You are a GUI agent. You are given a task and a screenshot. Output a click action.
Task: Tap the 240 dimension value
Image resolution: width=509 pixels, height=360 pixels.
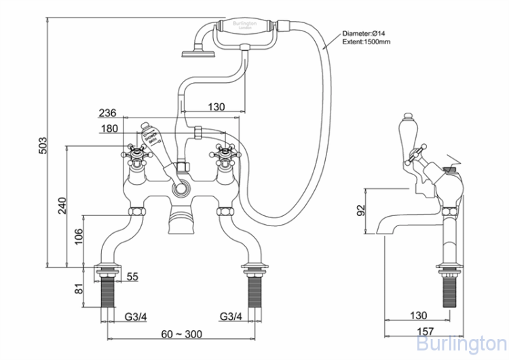[x=60, y=205]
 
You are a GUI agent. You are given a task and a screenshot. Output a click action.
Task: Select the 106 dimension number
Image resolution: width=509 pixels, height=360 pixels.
[x=78, y=236]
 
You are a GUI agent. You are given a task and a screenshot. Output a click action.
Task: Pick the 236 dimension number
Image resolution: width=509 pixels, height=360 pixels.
[x=108, y=113]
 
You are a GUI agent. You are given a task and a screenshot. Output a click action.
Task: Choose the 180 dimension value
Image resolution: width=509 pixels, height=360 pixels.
[x=108, y=129]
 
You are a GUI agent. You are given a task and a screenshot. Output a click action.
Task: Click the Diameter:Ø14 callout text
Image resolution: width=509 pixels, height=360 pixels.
[x=366, y=33]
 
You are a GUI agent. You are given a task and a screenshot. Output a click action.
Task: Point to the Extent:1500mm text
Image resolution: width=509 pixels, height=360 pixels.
[x=366, y=42]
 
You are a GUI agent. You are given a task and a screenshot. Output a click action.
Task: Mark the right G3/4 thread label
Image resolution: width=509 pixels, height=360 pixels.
[x=231, y=316]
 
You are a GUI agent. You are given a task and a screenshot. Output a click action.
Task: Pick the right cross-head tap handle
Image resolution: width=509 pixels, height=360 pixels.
[x=225, y=152]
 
